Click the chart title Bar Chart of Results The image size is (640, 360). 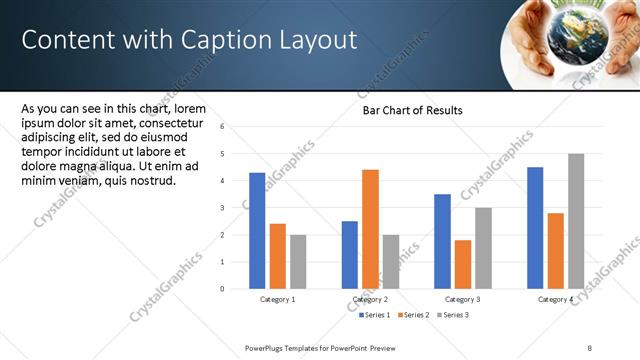(x=412, y=111)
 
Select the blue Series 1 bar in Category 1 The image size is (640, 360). (x=257, y=230)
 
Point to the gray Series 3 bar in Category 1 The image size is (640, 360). (x=299, y=261)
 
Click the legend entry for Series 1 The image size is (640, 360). (x=375, y=315)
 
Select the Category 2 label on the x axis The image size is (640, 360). (x=371, y=300)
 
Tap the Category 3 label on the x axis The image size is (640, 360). (x=463, y=300)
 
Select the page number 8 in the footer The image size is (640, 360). (x=591, y=347)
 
